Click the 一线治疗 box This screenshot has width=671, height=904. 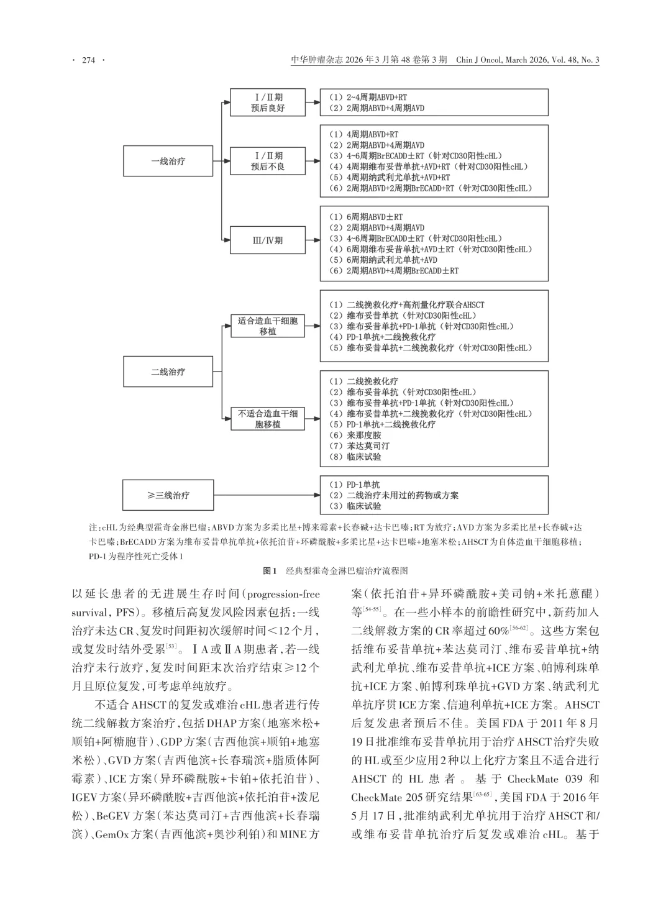click(x=168, y=162)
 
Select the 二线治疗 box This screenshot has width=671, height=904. click(x=168, y=372)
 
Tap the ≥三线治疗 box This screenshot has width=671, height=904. click(x=168, y=495)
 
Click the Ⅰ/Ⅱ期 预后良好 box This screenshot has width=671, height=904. click(x=267, y=103)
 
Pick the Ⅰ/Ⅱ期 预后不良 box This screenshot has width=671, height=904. click(x=267, y=162)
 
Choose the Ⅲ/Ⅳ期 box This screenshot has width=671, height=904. click(x=267, y=240)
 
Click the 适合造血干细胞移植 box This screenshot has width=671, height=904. click(x=268, y=326)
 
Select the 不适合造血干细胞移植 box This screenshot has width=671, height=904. click(x=268, y=419)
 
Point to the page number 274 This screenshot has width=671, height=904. click(x=88, y=60)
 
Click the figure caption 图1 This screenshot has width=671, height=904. click(x=270, y=570)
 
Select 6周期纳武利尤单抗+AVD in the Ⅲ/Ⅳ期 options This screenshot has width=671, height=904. click(x=383, y=260)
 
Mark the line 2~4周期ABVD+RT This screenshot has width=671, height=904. click(x=368, y=98)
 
